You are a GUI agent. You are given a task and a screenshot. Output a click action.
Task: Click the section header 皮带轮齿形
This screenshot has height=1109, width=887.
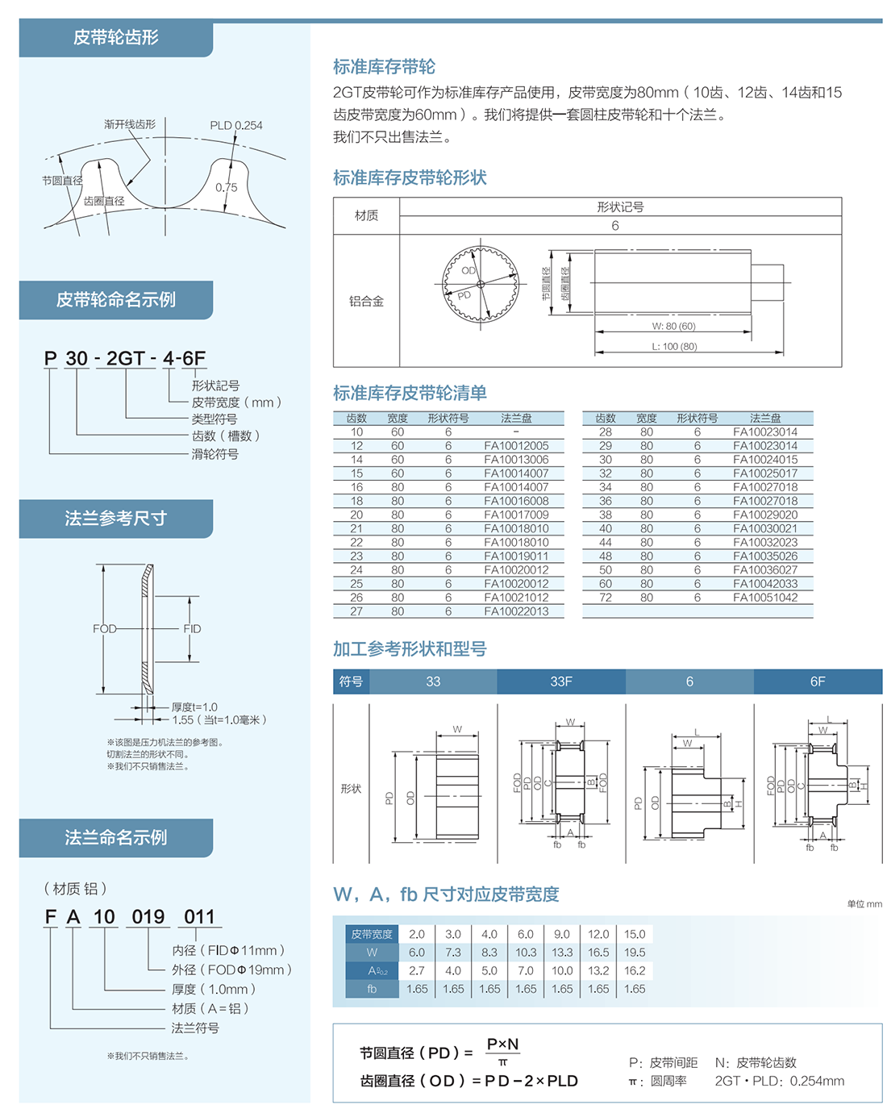115,37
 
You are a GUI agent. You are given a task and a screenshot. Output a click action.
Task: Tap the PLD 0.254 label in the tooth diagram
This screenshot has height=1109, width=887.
235,125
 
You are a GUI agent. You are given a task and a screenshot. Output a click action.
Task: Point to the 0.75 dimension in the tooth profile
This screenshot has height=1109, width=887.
226,187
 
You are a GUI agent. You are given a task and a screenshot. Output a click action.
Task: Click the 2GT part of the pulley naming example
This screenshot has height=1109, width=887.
126,358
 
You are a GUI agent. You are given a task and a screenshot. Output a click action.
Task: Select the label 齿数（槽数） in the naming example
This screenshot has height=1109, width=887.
226,436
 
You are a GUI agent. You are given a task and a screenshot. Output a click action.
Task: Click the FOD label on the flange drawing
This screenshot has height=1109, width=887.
104,628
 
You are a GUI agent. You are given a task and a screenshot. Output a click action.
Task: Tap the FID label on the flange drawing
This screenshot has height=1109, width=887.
192,628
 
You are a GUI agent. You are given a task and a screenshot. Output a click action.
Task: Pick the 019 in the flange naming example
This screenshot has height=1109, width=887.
148,917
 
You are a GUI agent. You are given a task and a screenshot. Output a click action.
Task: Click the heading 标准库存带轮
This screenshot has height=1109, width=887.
384,67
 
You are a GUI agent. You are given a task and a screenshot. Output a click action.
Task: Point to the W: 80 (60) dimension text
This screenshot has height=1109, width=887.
673,326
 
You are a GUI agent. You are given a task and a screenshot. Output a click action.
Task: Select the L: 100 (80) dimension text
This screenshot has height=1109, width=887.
674,346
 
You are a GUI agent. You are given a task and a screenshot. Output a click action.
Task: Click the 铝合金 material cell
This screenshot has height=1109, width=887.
366,301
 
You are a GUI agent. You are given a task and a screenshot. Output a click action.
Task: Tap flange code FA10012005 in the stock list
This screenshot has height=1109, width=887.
516,446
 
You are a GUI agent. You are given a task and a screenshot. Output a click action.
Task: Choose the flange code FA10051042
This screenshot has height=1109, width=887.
764,598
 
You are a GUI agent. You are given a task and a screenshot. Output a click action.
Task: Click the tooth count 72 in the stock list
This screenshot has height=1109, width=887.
605,598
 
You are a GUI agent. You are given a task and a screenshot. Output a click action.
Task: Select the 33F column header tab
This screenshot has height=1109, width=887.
561,682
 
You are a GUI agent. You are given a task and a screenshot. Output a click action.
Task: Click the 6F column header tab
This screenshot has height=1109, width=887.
818,682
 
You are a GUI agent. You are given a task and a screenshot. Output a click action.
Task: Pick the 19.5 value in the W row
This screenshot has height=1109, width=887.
635,953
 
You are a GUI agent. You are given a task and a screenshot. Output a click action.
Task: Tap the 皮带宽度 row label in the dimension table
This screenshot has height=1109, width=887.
372,934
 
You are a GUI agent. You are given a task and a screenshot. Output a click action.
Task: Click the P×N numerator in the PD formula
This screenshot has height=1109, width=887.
502,1044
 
